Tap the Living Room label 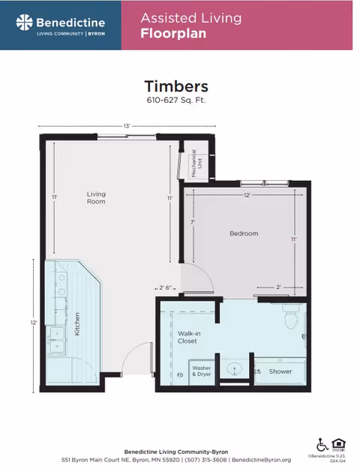96,198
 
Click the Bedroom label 243,233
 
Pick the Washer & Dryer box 202,370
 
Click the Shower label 280,371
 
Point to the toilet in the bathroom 291,317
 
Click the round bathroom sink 235,368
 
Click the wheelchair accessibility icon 322,444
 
